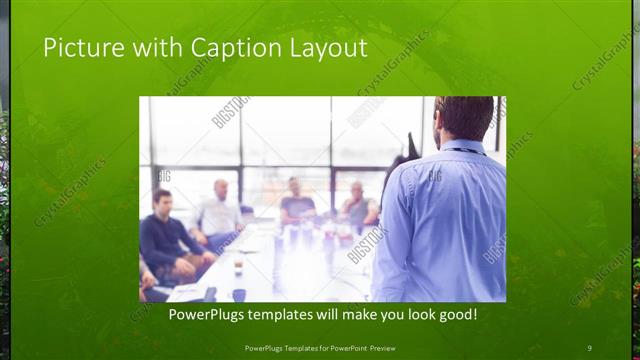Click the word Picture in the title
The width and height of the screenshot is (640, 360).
(x=79, y=47)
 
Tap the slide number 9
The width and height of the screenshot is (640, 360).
(x=589, y=347)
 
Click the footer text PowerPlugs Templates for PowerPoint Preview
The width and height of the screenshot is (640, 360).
(x=319, y=347)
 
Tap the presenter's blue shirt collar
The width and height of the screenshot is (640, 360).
(x=463, y=146)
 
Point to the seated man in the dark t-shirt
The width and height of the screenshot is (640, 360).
(x=297, y=205)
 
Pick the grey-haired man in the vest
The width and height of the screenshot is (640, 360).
(x=358, y=207)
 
